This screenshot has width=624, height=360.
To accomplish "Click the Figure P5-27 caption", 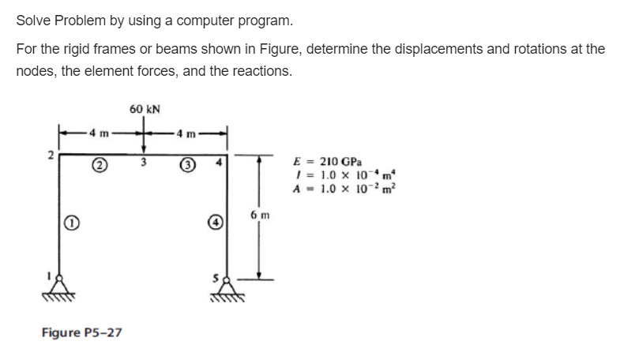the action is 81,332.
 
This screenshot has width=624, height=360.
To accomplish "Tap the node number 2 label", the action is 49,155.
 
